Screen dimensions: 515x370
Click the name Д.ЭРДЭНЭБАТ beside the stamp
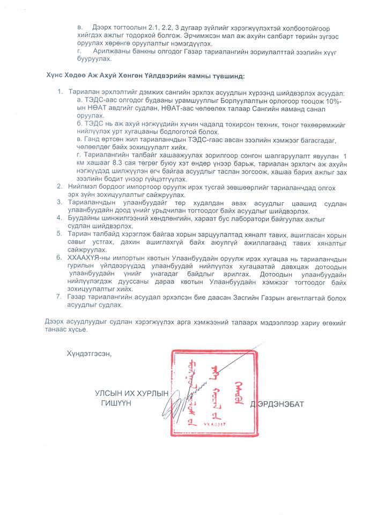point(277,404)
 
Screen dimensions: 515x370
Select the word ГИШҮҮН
point(116,403)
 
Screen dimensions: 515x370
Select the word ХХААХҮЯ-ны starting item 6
point(89,257)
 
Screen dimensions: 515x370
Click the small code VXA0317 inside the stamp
point(212,423)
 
